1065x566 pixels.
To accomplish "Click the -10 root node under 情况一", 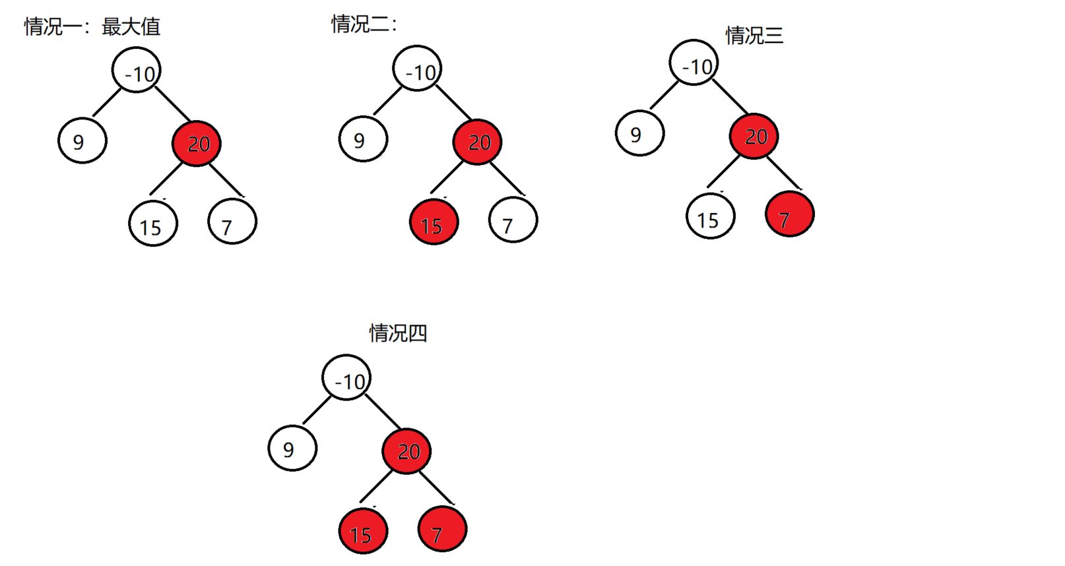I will point(137,70).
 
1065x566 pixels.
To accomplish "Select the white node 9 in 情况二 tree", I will point(363,139).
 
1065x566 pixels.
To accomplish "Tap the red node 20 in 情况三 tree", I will point(754,137).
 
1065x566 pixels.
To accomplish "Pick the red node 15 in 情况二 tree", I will point(434,223).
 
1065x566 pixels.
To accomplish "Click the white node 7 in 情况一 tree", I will point(232,222).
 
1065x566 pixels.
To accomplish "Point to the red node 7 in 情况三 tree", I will point(790,214).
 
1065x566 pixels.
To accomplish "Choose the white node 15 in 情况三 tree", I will point(711,216).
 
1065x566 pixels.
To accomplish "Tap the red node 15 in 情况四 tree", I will point(363,532).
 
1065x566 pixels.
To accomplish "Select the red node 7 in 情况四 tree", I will point(442,529).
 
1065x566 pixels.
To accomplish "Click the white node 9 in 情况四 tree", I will point(292,449).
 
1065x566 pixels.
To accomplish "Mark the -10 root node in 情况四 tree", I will point(346,378).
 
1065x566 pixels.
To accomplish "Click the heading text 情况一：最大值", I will point(92,26).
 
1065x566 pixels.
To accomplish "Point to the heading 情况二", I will point(364,24).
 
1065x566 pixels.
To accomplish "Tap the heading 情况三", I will point(754,35).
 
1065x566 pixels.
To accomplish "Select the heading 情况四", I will point(398,333).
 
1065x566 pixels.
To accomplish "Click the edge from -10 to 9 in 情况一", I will point(107,102).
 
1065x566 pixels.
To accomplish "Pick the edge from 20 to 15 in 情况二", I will point(447,176).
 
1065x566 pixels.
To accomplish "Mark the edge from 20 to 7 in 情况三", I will point(785,172).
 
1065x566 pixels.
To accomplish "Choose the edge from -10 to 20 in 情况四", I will point(383,412).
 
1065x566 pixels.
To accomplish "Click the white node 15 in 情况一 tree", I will point(153,224).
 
